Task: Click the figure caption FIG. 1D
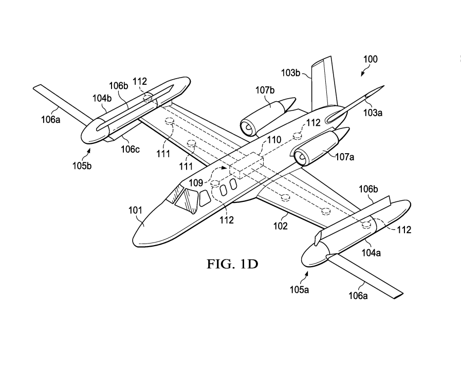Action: (x=232, y=264)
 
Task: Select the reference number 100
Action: (x=368, y=59)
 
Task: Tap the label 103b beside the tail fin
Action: (x=290, y=74)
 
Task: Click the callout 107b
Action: (x=265, y=91)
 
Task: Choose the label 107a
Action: (x=344, y=157)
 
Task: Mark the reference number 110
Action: (x=274, y=139)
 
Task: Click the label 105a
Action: (x=299, y=290)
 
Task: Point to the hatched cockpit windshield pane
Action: (x=185, y=199)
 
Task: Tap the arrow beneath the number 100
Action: (x=363, y=72)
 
